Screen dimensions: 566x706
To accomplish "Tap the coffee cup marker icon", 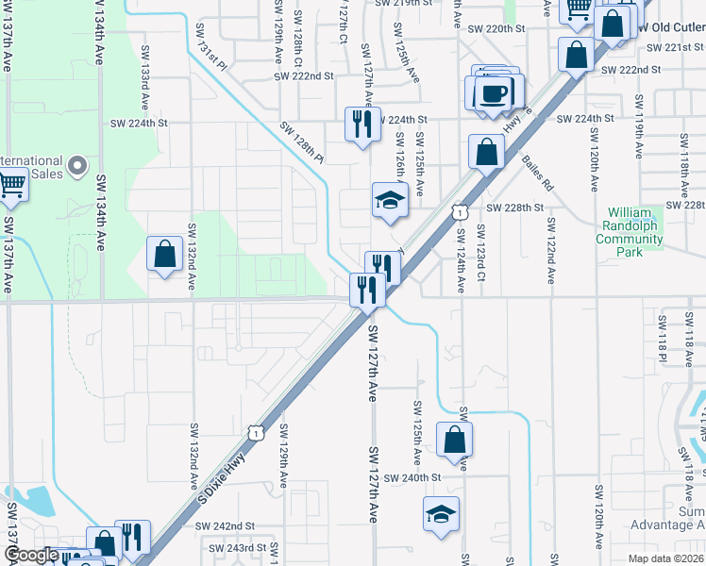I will click(x=493, y=92).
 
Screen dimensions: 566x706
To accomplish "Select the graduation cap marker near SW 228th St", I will click(x=390, y=200).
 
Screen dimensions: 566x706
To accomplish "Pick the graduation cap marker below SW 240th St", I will click(x=441, y=515).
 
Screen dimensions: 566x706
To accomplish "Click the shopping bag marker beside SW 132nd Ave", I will click(x=164, y=254).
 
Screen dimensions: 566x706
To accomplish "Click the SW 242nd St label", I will click(x=229, y=525).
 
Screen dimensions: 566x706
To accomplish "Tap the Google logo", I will click(x=30, y=555).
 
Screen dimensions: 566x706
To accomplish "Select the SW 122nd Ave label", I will click(x=550, y=250).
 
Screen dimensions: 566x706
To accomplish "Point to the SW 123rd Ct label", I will click(x=481, y=252).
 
